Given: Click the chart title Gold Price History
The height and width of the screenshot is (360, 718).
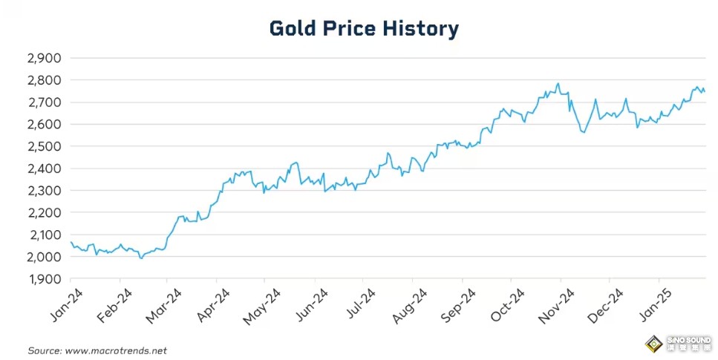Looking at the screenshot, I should point(364,29).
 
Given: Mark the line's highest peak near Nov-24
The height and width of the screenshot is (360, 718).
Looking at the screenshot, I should point(558,83).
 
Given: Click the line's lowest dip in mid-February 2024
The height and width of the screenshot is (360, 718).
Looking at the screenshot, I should point(141,258).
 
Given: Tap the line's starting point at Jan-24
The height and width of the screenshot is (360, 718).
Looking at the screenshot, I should point(71,242).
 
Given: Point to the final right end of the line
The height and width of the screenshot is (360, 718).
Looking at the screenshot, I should point(705,91).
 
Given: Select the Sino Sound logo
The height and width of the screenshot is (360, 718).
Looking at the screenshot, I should point(677,344).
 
